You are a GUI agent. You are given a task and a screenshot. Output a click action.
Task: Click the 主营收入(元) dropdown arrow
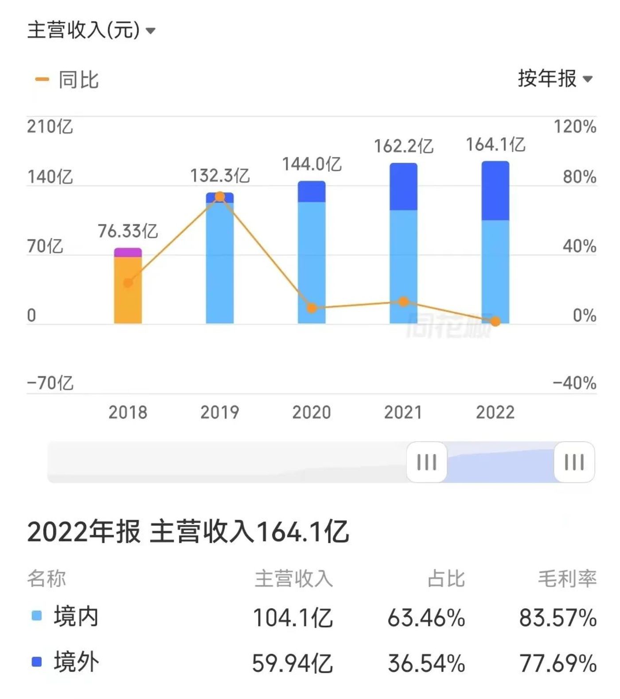[x=151, y=31]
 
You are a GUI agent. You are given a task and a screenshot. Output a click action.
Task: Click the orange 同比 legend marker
[x=42, y=80]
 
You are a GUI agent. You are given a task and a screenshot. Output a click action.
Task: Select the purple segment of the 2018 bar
[x=128, y=252]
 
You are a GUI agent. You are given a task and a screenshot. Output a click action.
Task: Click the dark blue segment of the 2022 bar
[x=495, y=190]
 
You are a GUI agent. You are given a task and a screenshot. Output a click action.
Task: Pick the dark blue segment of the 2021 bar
[x=403, y=186]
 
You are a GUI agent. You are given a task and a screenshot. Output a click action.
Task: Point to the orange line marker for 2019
[x=220, y=196]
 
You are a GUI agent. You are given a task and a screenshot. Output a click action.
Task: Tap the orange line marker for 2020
[x=312, y=308]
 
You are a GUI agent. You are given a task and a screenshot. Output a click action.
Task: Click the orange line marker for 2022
[x=495, y=321]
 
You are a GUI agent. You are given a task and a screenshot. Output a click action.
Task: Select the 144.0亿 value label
[x=312, y=164]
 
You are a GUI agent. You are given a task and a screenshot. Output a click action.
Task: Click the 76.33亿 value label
[x=128, y=231]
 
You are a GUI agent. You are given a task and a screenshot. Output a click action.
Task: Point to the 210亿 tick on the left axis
[x=50, y=127]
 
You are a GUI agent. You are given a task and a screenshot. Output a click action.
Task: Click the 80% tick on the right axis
[x=579, y=177]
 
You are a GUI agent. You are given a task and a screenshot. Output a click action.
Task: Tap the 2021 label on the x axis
[x=403, y=412]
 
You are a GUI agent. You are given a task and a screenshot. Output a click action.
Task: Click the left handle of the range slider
[x=426, y=462]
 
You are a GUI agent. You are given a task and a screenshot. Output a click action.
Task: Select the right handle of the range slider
[x=574, y=462]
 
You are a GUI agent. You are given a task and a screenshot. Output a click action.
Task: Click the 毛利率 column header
[x=567, y=579]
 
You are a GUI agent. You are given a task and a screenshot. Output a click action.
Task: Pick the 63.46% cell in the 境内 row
[x=426, y=618]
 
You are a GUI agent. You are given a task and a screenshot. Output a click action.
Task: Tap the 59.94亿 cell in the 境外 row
[x=292, y=663]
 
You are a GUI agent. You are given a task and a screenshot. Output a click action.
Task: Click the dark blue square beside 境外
[x=37, y=662]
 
